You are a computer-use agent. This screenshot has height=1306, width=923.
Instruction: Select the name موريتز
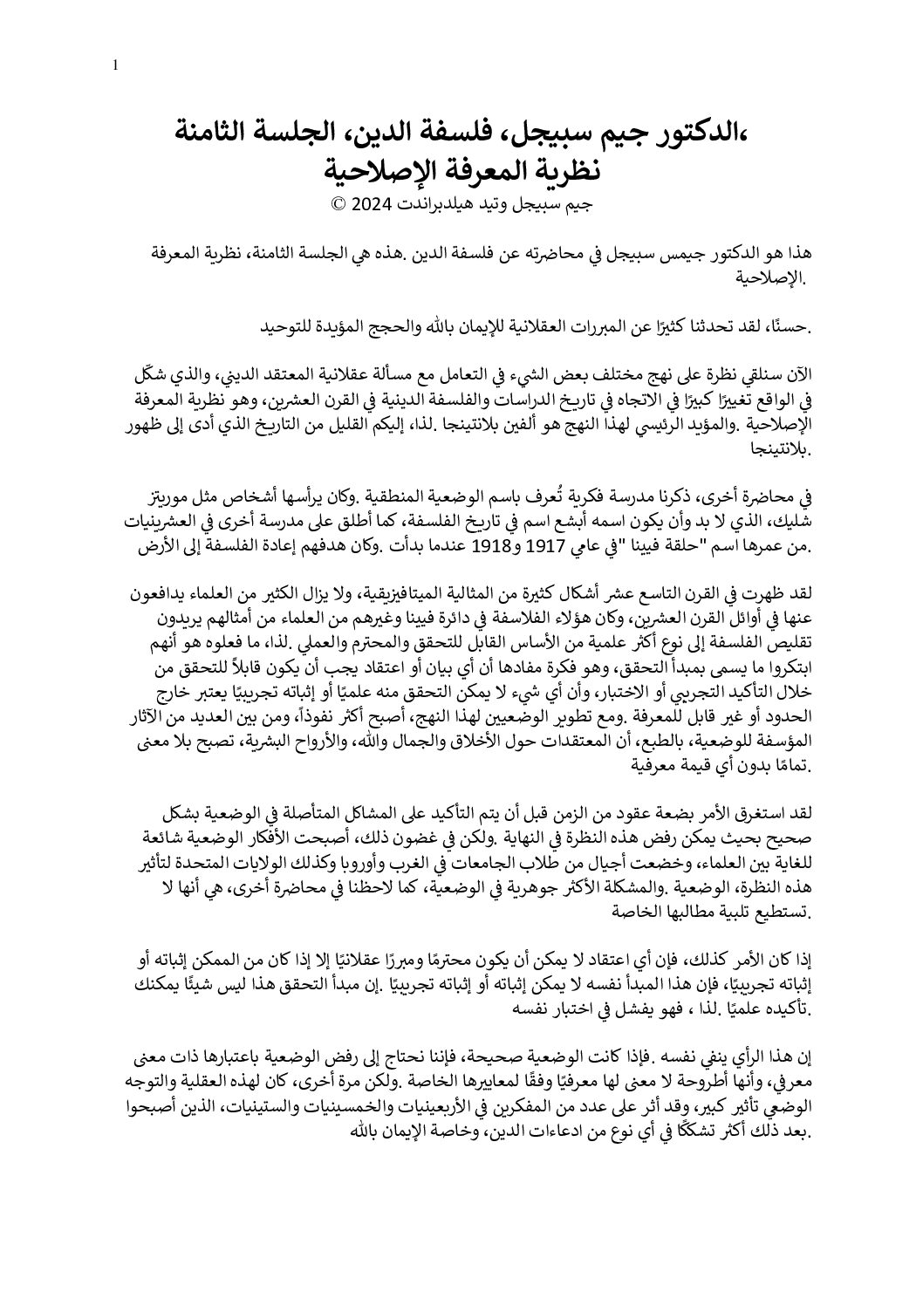(x=171, y=499)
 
